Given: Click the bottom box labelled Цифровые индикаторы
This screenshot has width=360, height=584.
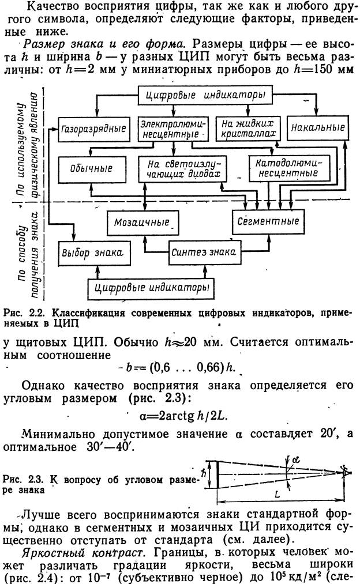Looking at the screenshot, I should [149, 285].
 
